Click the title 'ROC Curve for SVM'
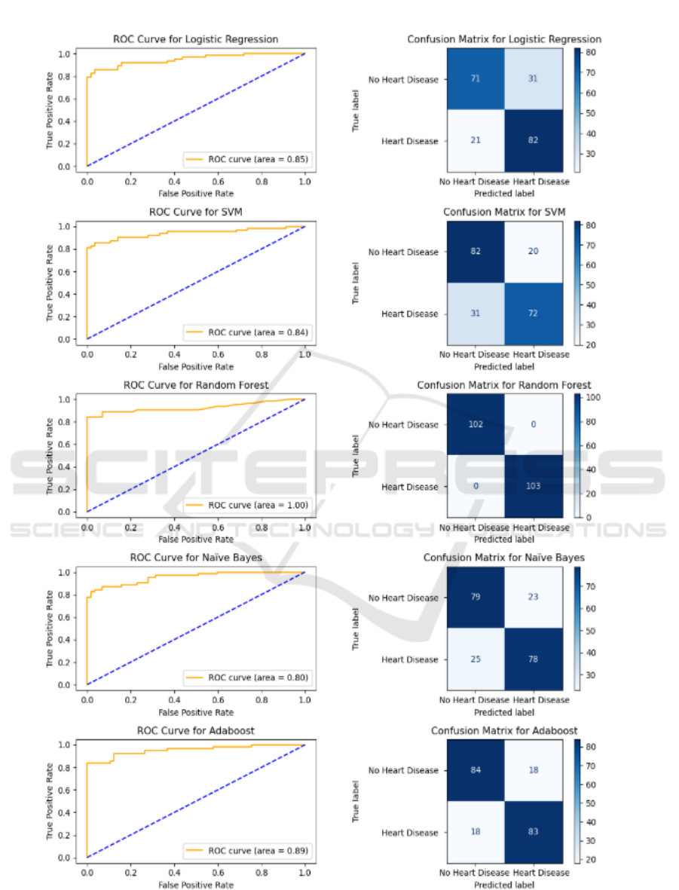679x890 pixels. [195, 212]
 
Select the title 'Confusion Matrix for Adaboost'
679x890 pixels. [503, 731]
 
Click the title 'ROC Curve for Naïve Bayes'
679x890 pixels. [195, 558]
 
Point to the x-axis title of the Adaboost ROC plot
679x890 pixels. [195, 885]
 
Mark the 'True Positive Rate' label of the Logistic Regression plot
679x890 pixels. [50, 109]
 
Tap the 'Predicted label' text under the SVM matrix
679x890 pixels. [504, 366]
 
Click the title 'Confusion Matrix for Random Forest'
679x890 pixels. [503, 385]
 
